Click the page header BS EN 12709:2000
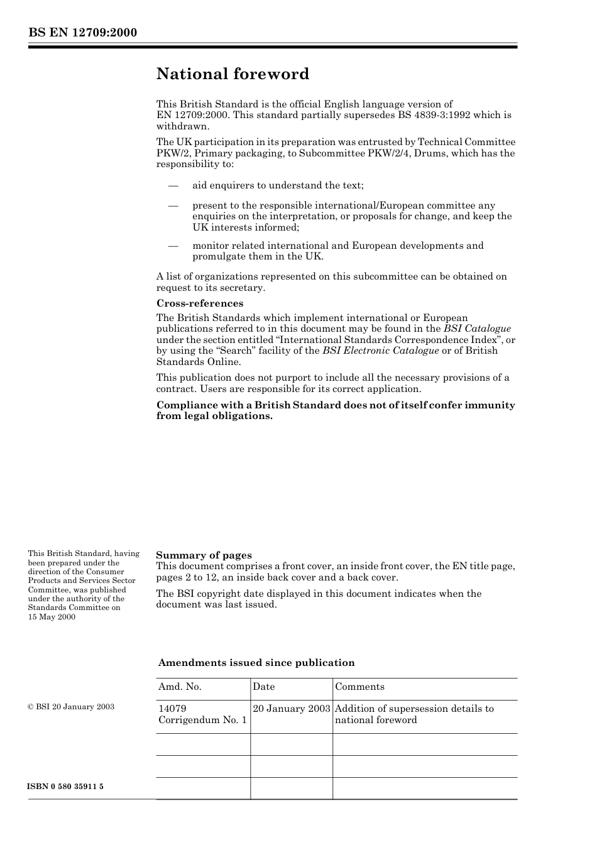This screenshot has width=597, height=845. (82, 33)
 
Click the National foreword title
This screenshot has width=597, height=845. (233, 74)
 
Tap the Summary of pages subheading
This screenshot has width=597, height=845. (204, 555)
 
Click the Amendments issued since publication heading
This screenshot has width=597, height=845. (256, 663)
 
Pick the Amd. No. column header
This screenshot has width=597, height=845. (180, 687)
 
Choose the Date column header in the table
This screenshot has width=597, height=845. (264, 687)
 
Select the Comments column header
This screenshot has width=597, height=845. (359, 687)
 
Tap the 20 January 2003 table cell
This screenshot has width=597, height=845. (292, 709)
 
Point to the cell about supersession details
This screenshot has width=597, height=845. (415, 714)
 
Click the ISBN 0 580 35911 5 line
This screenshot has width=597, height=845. (65, 787)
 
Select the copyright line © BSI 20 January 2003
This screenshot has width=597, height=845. (71, 707)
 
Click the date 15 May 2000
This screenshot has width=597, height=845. (52, 617)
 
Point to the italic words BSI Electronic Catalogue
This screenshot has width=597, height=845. (380, 351)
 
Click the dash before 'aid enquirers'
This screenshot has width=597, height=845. (173, 185)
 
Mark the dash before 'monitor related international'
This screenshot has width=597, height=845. (173, 246)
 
